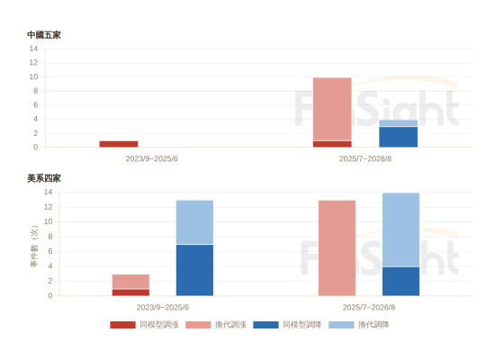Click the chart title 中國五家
point(44,35)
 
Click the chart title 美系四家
point(44,178)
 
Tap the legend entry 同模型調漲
point(144,325)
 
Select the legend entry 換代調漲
point(216,325)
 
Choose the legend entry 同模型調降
point(287,325)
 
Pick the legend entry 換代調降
point(359,325)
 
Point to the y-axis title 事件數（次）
point(34,247)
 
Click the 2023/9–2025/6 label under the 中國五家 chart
point(152,158)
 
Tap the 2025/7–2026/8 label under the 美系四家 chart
point(369,307)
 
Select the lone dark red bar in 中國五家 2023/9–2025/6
point(119,144)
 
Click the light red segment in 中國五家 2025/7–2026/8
point(332,109)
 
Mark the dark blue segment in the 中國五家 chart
point(399,137)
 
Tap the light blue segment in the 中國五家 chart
point(399,122)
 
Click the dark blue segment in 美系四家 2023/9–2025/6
point(194,270)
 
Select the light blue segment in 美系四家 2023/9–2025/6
point(194,222)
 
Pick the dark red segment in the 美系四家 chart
point(130,292)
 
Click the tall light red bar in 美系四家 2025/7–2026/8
point(337,248)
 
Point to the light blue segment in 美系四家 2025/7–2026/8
point(400,229)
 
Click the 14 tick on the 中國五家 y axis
point(33,49)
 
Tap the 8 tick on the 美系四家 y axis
point(50,237)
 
